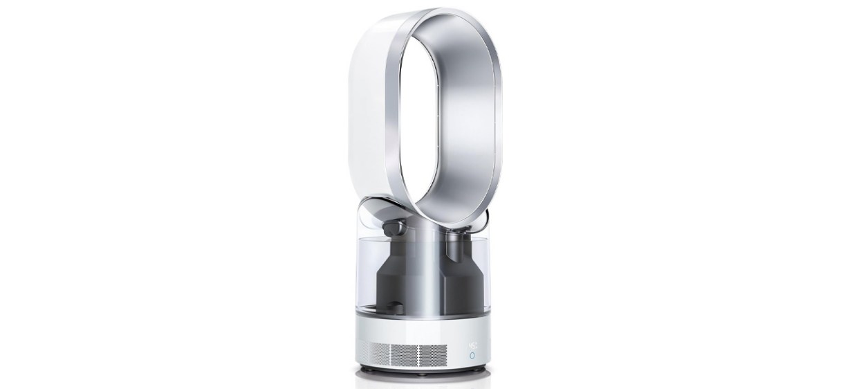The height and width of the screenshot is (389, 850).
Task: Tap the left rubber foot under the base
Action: coord(367,369)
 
